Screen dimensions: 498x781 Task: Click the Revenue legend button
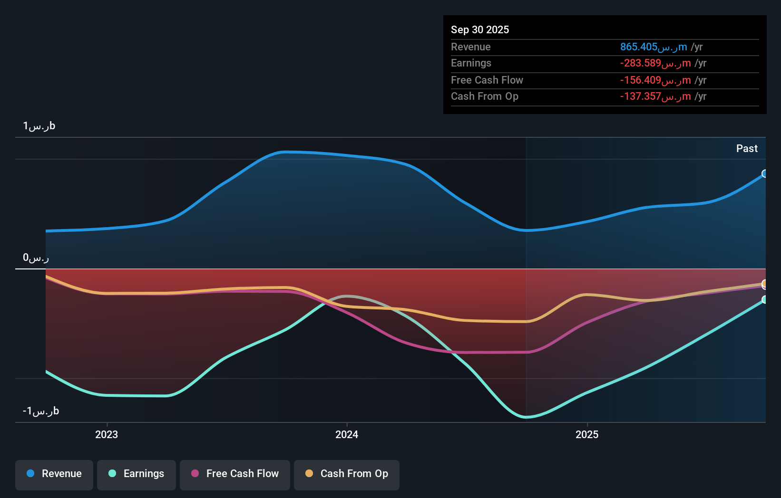coord(54,474)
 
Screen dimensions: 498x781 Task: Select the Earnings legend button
coord(137,474)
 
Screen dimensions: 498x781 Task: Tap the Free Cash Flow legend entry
coord(235,474)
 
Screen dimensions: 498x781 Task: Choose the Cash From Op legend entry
coord(347,474)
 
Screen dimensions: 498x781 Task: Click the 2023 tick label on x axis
coord(107,435)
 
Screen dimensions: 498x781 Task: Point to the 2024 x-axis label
coord(347,435)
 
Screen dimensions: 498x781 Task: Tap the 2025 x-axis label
coord(587,435)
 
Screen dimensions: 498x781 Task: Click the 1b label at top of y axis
coord(39,126)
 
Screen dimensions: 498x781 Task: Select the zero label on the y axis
coord(36,258)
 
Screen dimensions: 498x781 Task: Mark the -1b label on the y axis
coord(41,411)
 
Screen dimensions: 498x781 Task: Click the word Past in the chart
coord(747,149)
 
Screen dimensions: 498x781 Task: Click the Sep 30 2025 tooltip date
coord(480,30)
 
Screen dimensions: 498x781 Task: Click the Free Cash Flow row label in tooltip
coord(487,80)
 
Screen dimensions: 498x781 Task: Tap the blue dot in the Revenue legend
coord(30,473)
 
